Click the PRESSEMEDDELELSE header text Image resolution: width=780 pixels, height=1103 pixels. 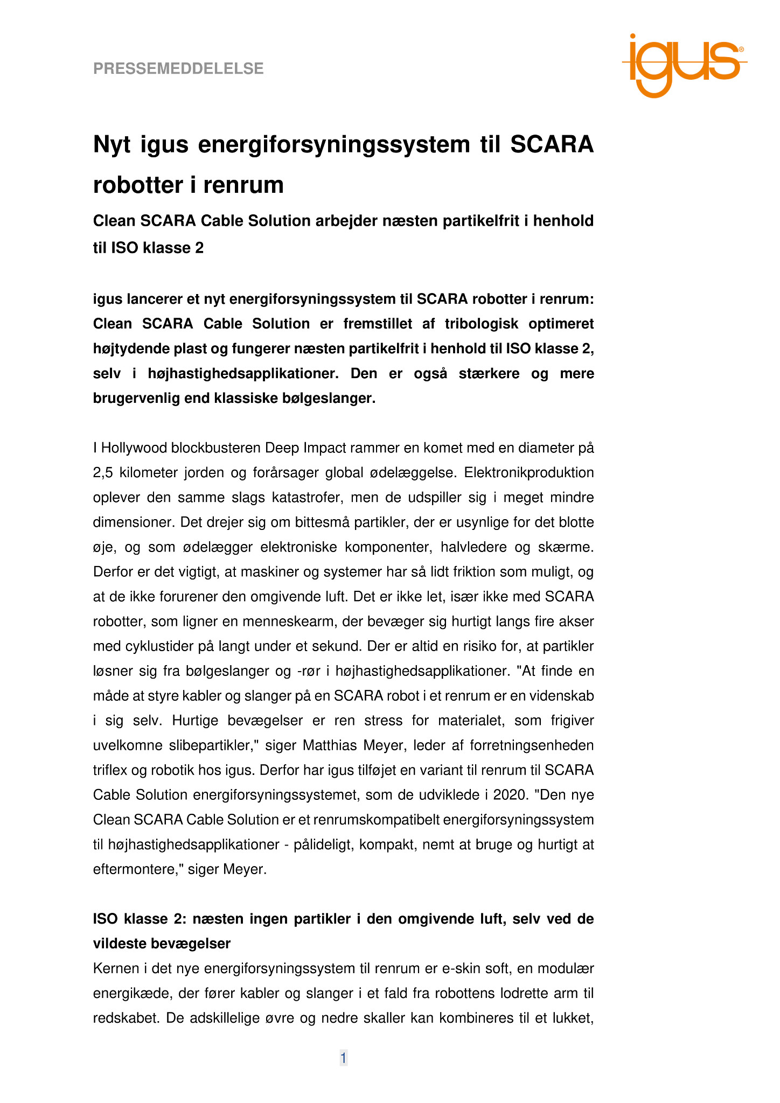(x=178, y=69)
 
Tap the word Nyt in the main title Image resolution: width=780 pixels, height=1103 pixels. (x=112, y=145)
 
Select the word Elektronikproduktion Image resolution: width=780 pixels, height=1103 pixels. (x=529, y=473)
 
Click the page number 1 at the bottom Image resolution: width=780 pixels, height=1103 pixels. (x=343, y=1058)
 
